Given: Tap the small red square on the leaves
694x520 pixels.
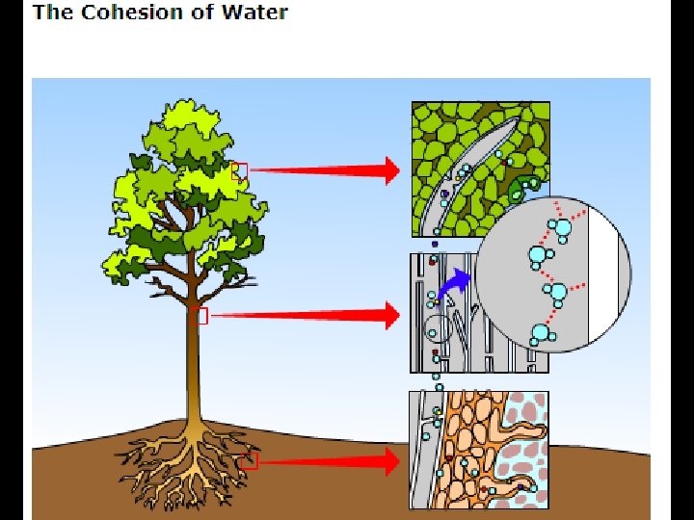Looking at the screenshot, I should tap(240, 171).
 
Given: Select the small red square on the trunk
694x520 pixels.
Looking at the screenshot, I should tap(200, 316).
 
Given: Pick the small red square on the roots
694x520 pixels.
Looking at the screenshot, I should tap(250, 461).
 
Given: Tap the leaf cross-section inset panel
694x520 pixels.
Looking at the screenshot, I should tap(453, 144).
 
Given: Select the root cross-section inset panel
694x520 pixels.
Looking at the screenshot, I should tap(479, 450).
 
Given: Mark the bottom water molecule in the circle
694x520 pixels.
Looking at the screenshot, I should tap(540, 334).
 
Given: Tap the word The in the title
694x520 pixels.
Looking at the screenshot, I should tap(47, 13).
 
